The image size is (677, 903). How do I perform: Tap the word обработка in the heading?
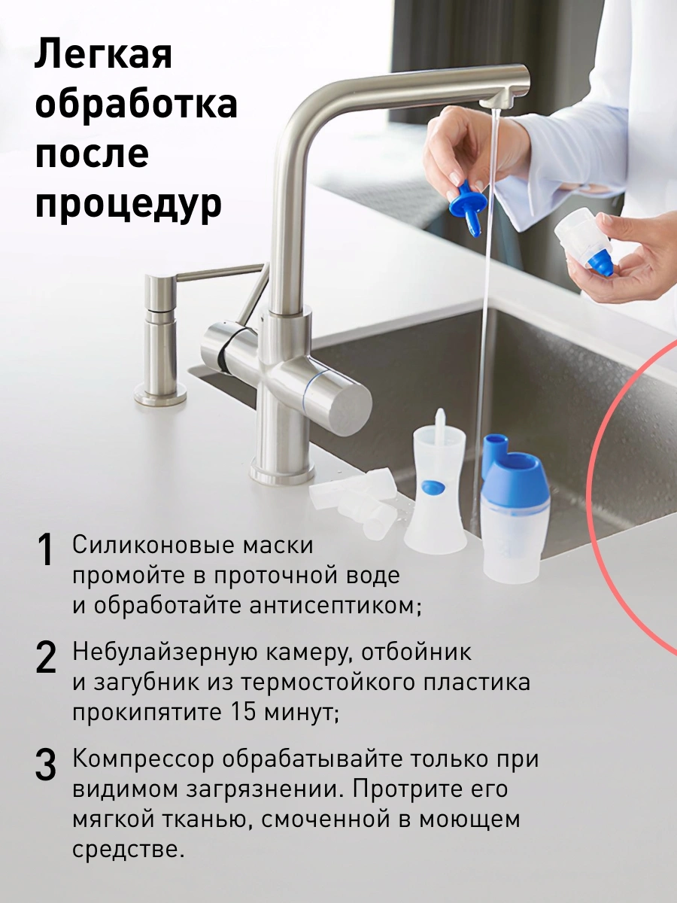coord(136,103)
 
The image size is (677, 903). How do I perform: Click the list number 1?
coord(45,550)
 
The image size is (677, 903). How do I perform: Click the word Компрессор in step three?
coord(144,759)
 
